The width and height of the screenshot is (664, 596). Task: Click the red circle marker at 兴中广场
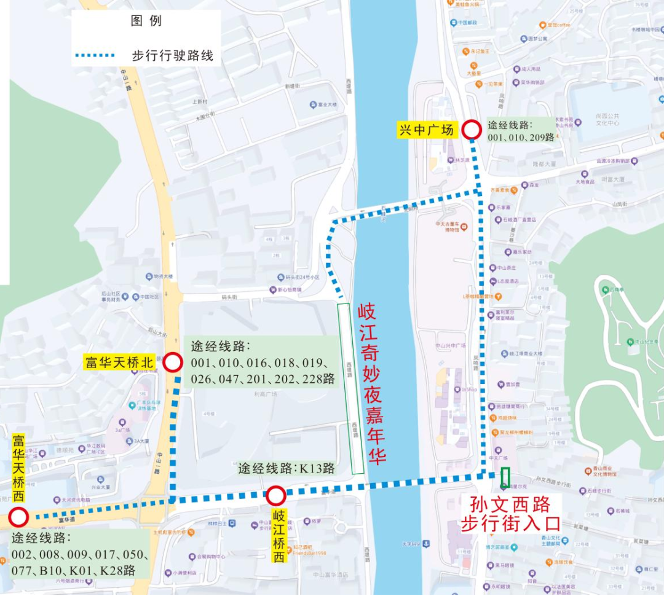472,130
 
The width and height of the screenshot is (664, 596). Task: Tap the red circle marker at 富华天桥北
173,363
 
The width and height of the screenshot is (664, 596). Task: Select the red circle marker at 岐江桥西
276,495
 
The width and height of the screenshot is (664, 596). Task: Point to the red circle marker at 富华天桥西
18,517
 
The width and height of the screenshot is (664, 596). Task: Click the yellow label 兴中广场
427,130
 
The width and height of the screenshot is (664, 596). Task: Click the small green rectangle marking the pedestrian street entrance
505,477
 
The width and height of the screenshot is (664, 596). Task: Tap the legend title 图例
146,21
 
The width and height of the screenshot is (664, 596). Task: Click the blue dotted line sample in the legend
95,55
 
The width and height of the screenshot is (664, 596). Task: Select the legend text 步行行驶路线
173,55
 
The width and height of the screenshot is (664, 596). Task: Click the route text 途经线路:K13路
287,468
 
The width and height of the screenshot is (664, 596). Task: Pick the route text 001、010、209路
521,138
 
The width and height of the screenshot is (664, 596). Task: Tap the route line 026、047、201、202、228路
263,378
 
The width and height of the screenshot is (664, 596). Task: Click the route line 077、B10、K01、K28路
74,570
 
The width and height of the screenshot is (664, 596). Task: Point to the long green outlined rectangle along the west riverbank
350,388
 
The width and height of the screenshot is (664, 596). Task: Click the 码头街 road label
229,297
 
